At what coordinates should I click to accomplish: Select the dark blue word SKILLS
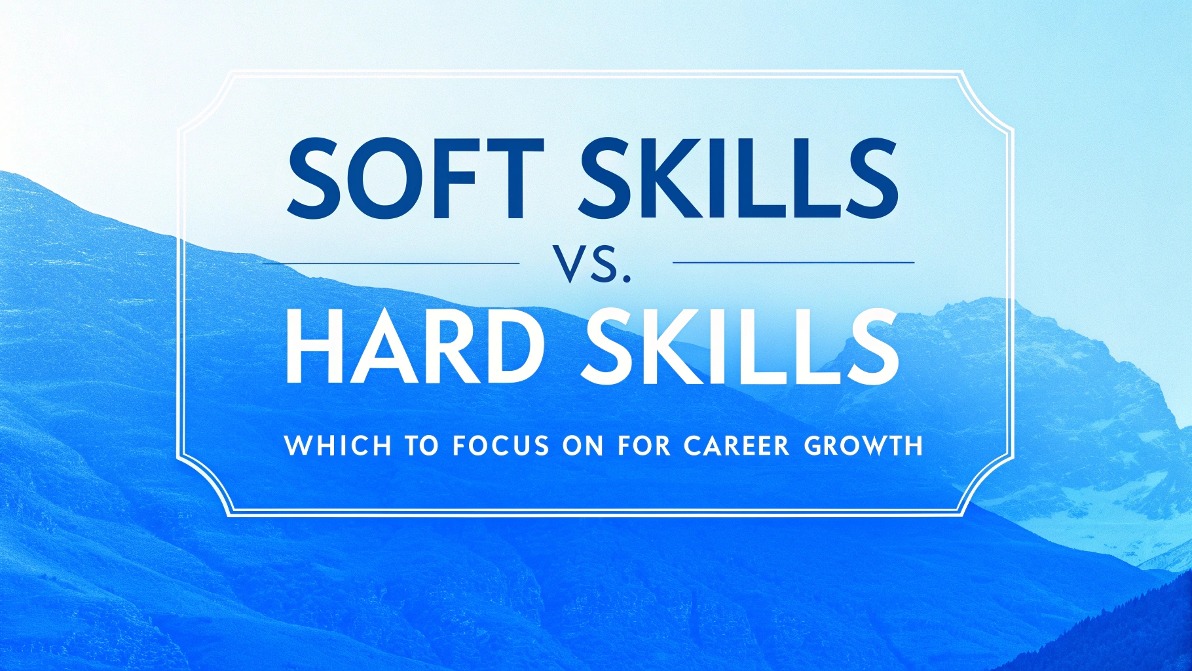(x=737, y=178)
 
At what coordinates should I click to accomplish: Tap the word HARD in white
(x=414, y=341)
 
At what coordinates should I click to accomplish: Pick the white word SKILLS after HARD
(x=739, y=341)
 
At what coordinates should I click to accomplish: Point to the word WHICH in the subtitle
(x=338, y=446)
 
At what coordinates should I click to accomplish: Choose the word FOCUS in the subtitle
(x=500, y=446)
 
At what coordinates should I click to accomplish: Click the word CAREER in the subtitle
(x=737, y=446)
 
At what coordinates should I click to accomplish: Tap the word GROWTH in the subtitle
(x=863, y=446)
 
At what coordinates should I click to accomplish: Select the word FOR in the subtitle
(x=644, y=446)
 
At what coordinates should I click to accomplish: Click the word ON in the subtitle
(x=583, y=446)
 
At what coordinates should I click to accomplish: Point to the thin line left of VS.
(x=391, y=263)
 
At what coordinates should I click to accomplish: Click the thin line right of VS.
(x=794, y=263)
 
